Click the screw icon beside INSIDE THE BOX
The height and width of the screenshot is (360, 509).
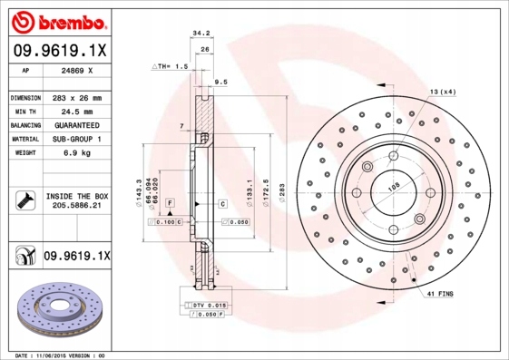point(24,200)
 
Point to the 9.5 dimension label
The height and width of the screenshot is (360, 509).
point(220,83)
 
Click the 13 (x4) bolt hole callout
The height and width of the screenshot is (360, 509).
point(442,92)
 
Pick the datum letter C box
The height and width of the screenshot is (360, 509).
point(222,204)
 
